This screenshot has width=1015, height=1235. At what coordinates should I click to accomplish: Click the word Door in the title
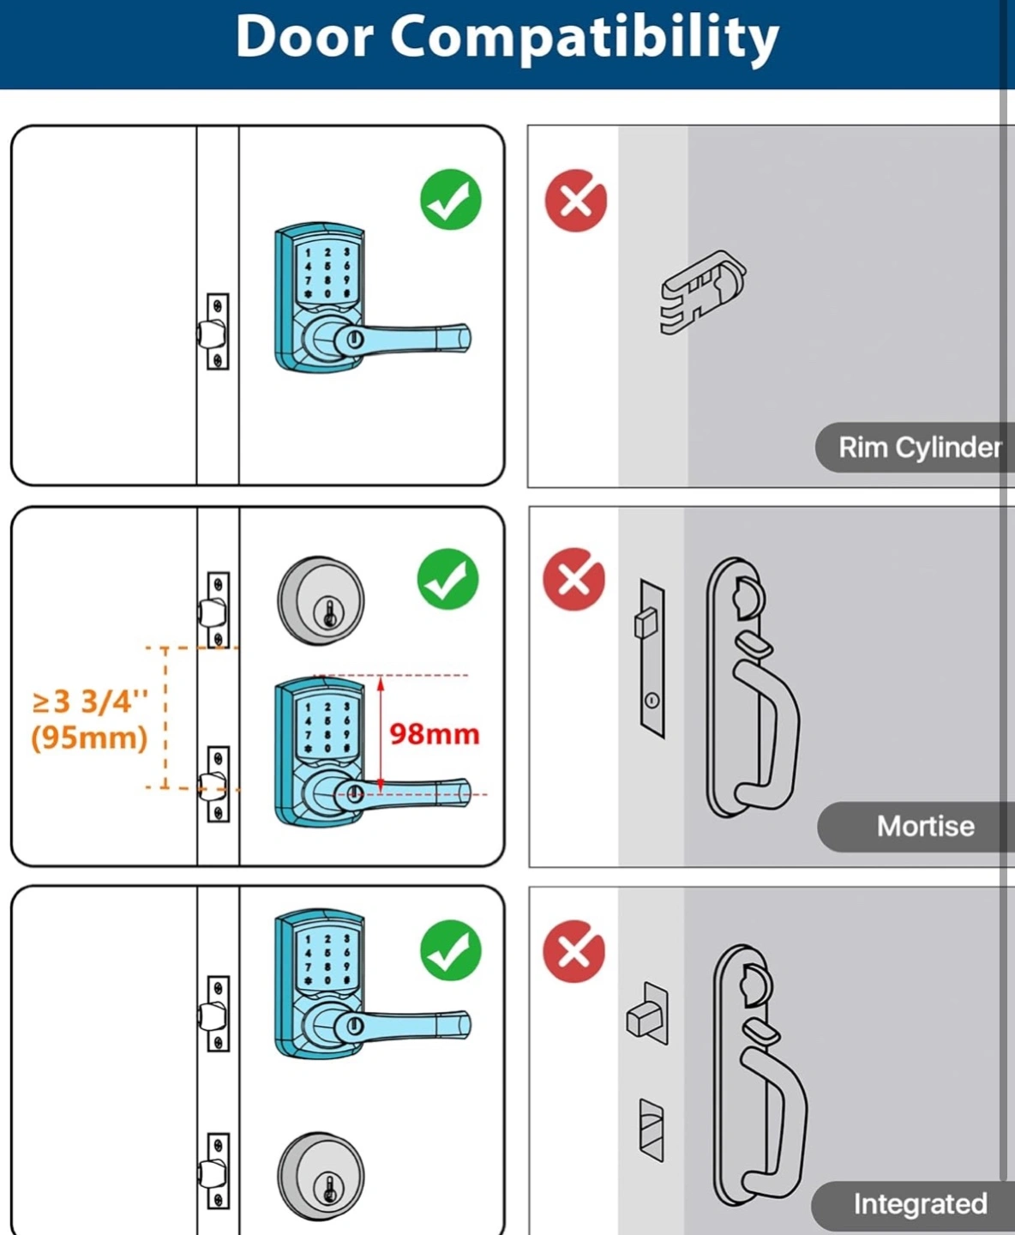click(x=304, y=36)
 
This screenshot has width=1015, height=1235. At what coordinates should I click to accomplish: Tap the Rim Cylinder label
click(x=920, y=448)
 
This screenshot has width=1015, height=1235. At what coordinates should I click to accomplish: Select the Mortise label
click(x=926, y=826)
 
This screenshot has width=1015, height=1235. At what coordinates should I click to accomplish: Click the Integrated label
click(x=921, y=1204)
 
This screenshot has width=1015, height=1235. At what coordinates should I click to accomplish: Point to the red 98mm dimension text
click(x=435, y=734)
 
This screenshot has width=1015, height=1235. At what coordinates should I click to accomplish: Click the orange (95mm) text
click(x=89, y=738)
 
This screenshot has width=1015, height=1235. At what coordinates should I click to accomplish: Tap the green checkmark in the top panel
click(x=451, y=199)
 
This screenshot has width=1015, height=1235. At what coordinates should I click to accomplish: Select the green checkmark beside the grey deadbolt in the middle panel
click(x=447, y=579)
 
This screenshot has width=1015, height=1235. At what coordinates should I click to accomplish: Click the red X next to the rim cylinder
click(x=576, y=201)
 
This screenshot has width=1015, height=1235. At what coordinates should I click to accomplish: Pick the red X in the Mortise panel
click(x=574, y=579)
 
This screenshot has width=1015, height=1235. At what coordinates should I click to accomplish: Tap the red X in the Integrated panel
click(x=574, y=951)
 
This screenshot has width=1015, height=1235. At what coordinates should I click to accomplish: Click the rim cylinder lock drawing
click(x=703, y=292)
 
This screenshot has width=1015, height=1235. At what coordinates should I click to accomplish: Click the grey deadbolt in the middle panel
click(x=321, y=601)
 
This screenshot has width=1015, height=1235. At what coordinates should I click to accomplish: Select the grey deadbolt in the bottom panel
click(x=321, y=1177)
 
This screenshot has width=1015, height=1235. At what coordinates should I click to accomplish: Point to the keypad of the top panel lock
click(x=327, y=273)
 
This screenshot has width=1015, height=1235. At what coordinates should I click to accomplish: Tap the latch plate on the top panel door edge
click(x=218, y=332)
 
